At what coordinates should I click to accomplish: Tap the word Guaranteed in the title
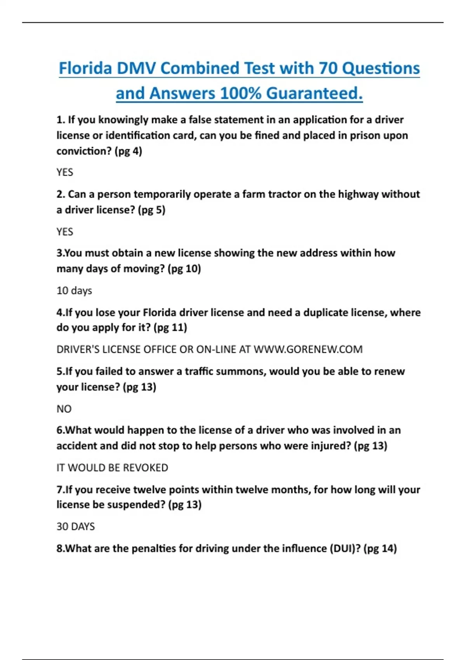pyautogui.click(x=314, y=94)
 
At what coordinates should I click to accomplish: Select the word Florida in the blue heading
pyautogui.click(x=85, y=68)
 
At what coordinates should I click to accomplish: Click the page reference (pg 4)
pyautogui.click(x=128, y=151)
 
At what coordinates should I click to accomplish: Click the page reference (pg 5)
pyautogui.click(x=151, y=210)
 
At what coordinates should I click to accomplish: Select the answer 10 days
pyautogui.click(x=74, y=291)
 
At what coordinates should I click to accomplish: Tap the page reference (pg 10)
pyautogui.click(x=184, y=269)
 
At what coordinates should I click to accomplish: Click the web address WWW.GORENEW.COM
pyautogui.click(x=308, y=349)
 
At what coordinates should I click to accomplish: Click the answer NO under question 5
pyautogui.click(x=64, y=409)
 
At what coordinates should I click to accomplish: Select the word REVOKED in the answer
pyautogui.click(x=146, y=468)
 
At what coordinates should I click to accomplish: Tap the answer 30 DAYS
pyautogui.click(x=76, y=527)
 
